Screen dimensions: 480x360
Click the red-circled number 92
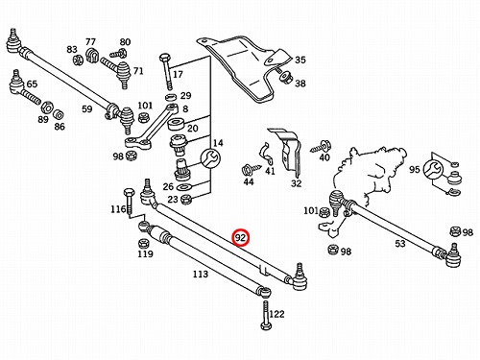[x=240, y=238]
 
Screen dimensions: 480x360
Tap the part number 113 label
[x=201, y=275]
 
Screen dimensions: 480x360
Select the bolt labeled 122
[x=266, y=316]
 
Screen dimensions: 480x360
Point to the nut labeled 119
[x=143, y=244]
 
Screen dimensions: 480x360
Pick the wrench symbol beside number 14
[x=210, y=158]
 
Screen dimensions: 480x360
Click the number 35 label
[x=300, y=60]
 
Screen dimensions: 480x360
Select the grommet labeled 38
[x=285, y=78]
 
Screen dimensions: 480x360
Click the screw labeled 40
[x=321, y=148]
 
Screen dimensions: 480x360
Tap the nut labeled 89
[x=47, y=108]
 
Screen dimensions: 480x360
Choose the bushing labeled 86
[x=59, y=114]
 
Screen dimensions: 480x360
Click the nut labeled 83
[x=77, y=60]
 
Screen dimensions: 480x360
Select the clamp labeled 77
[x=91, y=56]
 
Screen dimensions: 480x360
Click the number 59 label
[x=86, y=109]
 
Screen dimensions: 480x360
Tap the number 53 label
[x=400, y=244]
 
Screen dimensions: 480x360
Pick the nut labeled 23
[x=186, y=200]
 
